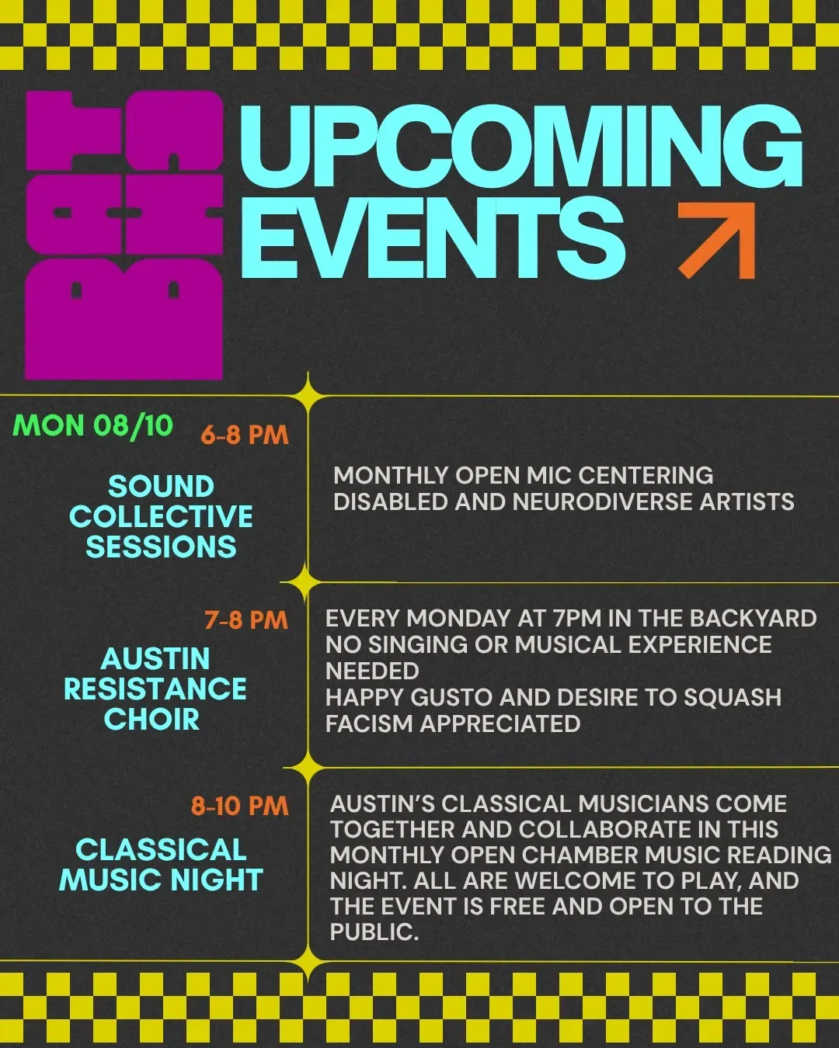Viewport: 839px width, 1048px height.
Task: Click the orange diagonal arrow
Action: tap(716, 241)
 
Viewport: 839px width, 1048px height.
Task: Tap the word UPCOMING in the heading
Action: tap(521, 146)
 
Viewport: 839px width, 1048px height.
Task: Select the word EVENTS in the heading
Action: tap(433, 238)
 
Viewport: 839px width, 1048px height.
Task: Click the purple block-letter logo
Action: tap(124, 234)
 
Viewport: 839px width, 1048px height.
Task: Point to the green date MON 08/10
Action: tap(92, 425)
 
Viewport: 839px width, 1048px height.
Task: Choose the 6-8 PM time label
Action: tap(245, 435)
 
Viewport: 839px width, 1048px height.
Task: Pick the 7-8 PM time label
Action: tap(246, 620)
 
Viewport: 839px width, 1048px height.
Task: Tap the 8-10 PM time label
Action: tap(240, 806)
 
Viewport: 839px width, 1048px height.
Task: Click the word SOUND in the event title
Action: tap(161, 487)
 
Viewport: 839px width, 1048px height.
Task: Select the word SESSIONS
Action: tap(161, 547)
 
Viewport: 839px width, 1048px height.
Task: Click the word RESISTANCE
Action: tap(155, 689)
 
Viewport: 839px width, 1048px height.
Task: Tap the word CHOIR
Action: tap(151, 719)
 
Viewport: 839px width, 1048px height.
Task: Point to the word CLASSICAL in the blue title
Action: tap(161, 850)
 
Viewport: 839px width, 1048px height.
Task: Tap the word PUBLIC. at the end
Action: tap(374, 932)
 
